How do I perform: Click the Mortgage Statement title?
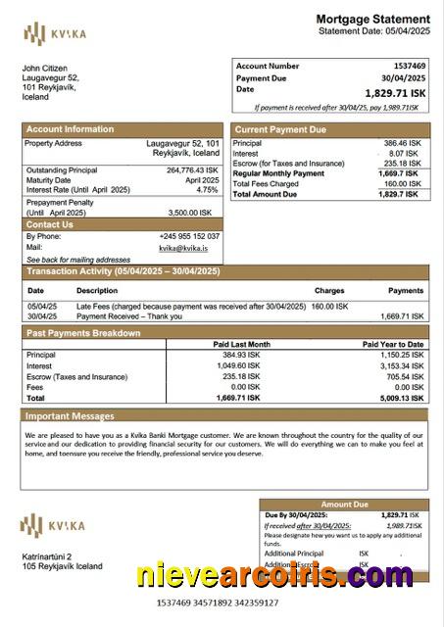(x=371, y=19)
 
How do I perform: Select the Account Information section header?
(x=70, y=129)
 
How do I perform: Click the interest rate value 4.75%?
(x=207, y=190)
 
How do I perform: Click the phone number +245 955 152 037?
(x=189, y=236)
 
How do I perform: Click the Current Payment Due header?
(x=281, y=129)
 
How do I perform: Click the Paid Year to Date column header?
(x=392, y=345)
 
